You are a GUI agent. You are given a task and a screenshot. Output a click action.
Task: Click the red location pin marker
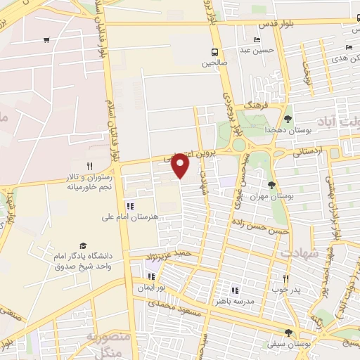tap(181, 165)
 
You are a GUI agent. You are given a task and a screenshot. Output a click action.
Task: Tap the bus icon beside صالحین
tap(215, 51)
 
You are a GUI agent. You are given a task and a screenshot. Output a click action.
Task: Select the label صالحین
tap(215, 62)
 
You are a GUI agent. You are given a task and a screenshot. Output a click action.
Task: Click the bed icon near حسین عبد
tap(257, 39)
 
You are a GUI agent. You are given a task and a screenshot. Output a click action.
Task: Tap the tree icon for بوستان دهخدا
tap(288, 117)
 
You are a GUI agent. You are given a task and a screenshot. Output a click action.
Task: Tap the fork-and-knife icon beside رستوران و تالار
tap(89, 166)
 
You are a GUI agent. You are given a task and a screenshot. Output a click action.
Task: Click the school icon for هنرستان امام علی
tap(129, 206)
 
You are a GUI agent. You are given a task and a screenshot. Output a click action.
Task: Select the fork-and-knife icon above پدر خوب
tap(285, 278)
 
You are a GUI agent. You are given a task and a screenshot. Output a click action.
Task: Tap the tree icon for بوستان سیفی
tap(288, 333)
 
